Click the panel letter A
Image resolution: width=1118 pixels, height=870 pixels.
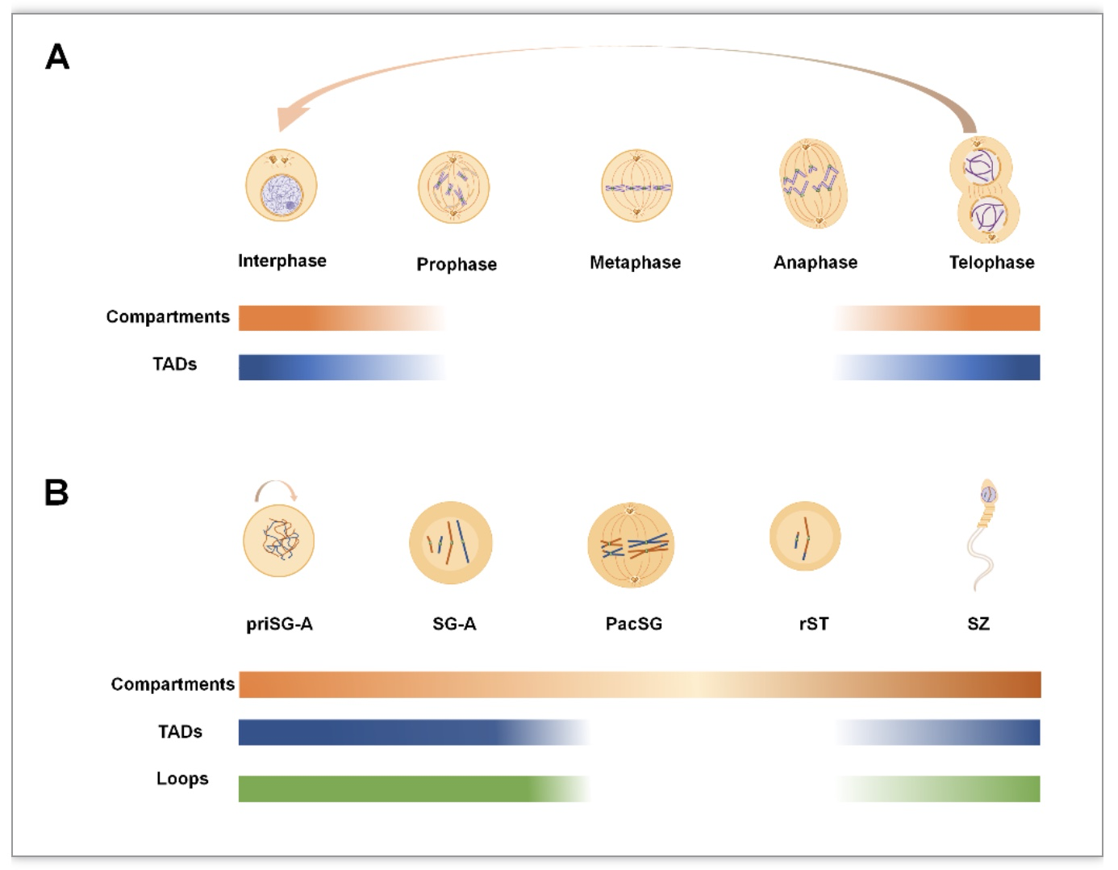(57, 56)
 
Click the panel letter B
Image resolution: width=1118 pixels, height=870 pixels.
(56, 492)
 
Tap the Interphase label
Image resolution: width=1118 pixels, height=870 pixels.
(282, 261)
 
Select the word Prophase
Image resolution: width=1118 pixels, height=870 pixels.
(457, 265)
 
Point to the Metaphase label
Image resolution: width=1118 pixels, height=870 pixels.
(635, 262)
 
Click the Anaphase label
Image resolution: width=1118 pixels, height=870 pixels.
(816, 262)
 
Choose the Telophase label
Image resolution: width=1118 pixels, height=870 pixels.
(991, 262)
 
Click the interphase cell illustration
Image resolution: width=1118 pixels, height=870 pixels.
(281, 186)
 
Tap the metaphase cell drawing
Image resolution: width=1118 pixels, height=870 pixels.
(636, 186)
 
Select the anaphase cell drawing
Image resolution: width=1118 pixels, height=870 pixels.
(813, 184)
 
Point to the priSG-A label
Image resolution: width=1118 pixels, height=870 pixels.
(279, 624)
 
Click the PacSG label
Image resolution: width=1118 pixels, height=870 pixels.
(634, 624)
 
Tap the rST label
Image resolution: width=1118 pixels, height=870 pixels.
(814, 624)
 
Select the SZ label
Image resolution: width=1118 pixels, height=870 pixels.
(978, 624)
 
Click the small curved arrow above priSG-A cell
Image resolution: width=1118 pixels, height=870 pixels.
(276, 481)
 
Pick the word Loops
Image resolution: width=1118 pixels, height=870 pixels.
(182, 779)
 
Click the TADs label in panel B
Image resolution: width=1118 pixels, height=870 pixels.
(180, 731)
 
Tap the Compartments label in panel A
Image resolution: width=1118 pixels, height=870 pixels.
(168, 316)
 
